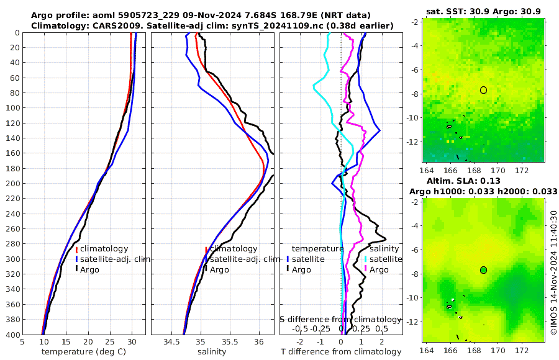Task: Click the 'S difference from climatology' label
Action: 340,318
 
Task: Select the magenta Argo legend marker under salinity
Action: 365,269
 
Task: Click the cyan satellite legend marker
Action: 365,259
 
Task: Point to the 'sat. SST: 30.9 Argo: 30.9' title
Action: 484,12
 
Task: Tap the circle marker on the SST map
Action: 483,90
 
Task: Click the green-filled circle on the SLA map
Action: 483,269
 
